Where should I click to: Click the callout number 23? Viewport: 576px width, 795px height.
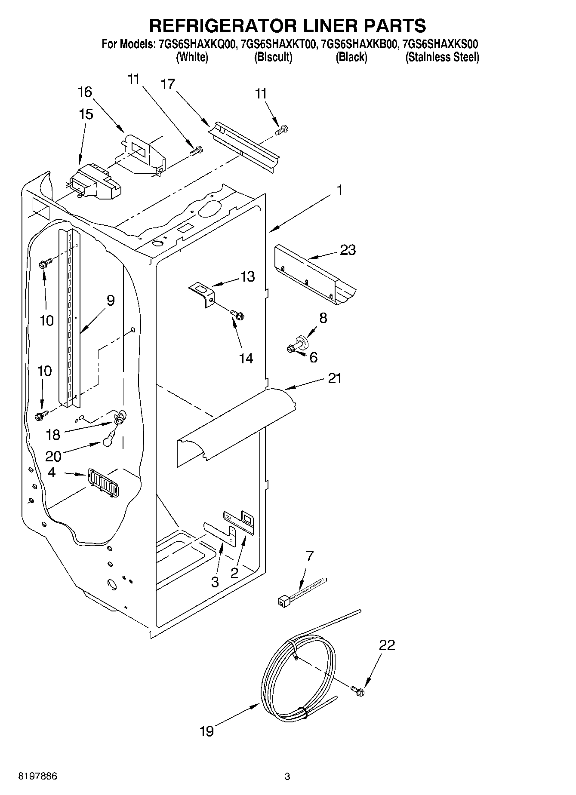[348, 250]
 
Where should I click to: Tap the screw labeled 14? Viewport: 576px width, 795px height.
[237, 315]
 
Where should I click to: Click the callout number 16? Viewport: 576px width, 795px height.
[85, 92]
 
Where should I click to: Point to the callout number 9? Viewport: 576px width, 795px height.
[110, 300]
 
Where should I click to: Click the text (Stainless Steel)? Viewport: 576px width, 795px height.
[442, 57]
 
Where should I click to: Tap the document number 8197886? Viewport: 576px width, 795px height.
[37, 777]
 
